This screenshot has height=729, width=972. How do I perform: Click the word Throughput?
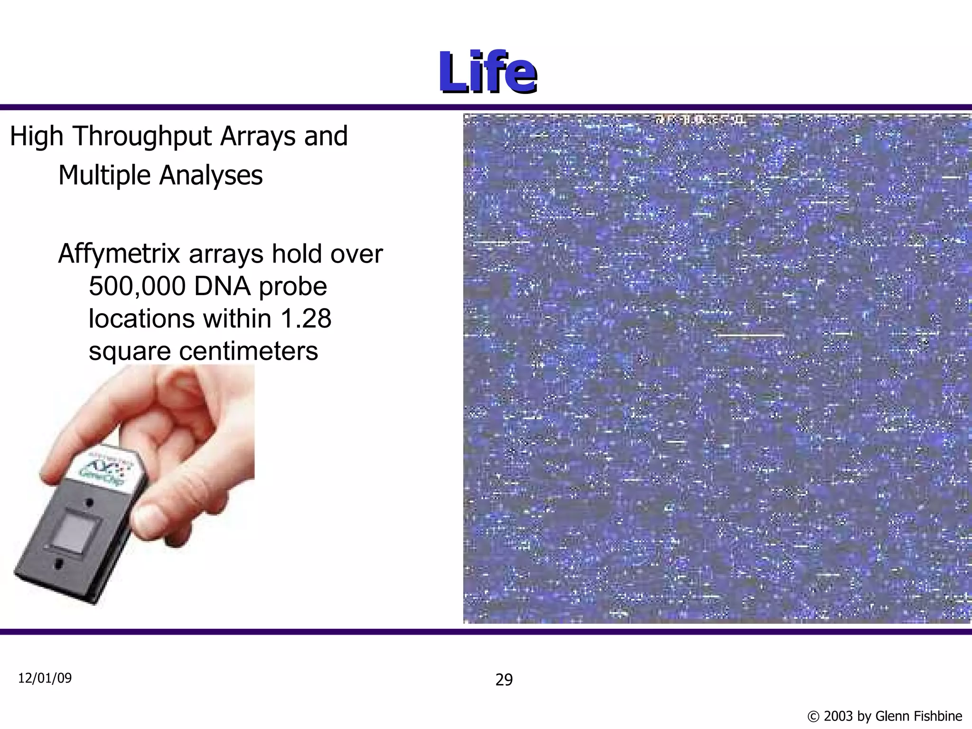[x=142, y=136]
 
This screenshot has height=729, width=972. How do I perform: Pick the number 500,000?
[x=137, y=286]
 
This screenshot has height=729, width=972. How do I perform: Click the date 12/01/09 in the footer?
[x=45, y=678]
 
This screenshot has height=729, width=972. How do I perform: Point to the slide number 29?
[x=504, y=680]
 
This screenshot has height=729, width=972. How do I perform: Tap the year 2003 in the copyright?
[x=839, y=716]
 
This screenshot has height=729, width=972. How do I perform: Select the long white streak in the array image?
[x=750, y=335]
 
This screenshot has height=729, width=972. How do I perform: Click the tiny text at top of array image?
[x=700, y=120]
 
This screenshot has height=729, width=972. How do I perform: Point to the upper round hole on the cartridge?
[x=89, y=502]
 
